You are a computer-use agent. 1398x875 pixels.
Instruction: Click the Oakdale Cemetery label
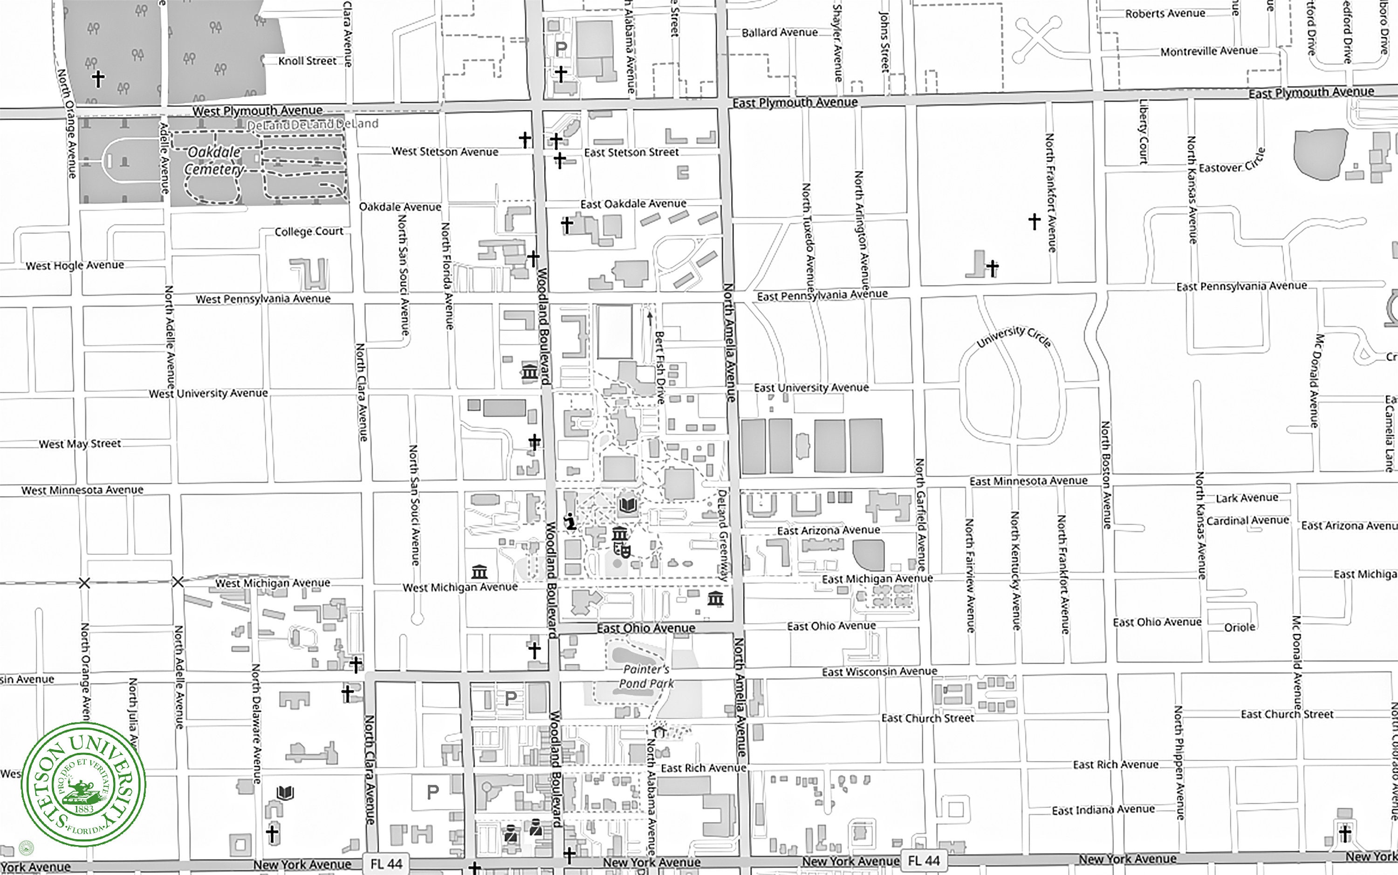[x=213, y=160]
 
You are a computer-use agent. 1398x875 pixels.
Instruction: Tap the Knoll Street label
[x=307, y=61]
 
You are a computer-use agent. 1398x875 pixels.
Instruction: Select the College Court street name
[x=308, y=232]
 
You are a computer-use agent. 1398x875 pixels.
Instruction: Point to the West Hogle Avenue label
[x=75, y=265]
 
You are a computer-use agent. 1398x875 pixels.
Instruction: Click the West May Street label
[x=80, y=444]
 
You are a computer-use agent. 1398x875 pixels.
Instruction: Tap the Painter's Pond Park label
[x=646, y=677]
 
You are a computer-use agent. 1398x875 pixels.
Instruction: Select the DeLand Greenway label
[x=722, y=535]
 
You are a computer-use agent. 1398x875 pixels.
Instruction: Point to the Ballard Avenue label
[x=780, y=33]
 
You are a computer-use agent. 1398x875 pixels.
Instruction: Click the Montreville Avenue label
[x=1209, y=51]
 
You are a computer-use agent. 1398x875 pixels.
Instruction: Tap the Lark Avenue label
[x=1247, y=498]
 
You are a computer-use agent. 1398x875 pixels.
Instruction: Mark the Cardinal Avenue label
[x=1247, y=520]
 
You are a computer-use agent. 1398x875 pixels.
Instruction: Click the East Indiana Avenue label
[x=1103, y=810]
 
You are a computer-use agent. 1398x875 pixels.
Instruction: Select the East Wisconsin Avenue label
[x=879, y=671]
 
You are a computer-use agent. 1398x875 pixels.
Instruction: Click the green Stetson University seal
[x=83, y=784]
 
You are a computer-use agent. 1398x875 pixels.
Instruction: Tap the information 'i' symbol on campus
[x=570, y=521]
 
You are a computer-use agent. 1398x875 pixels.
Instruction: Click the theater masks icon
[x=622, y=548]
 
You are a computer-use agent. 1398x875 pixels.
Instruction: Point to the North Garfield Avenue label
[x=919, y=514]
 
